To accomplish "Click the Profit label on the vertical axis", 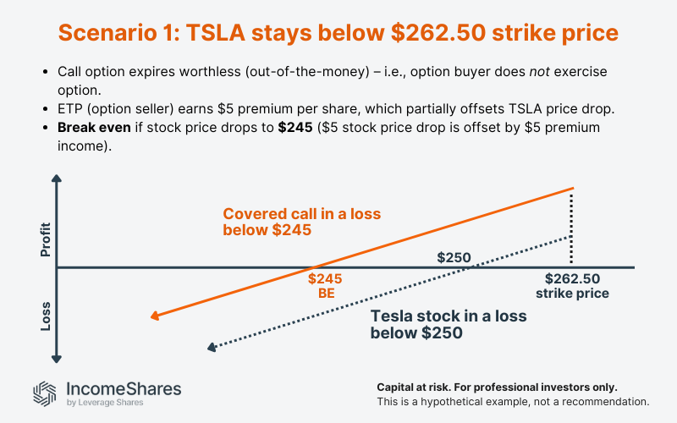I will click(x=46, y=239).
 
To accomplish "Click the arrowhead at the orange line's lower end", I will click(x=155, y=316).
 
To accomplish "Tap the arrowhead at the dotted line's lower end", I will click(x=211, y=347).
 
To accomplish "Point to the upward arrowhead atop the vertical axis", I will click(x=57, y=180).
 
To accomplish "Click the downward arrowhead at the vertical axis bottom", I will click(x=57, y=357).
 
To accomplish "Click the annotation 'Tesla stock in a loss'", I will click(x=449, y=316).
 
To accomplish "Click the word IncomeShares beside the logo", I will click(x=123, y=388).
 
